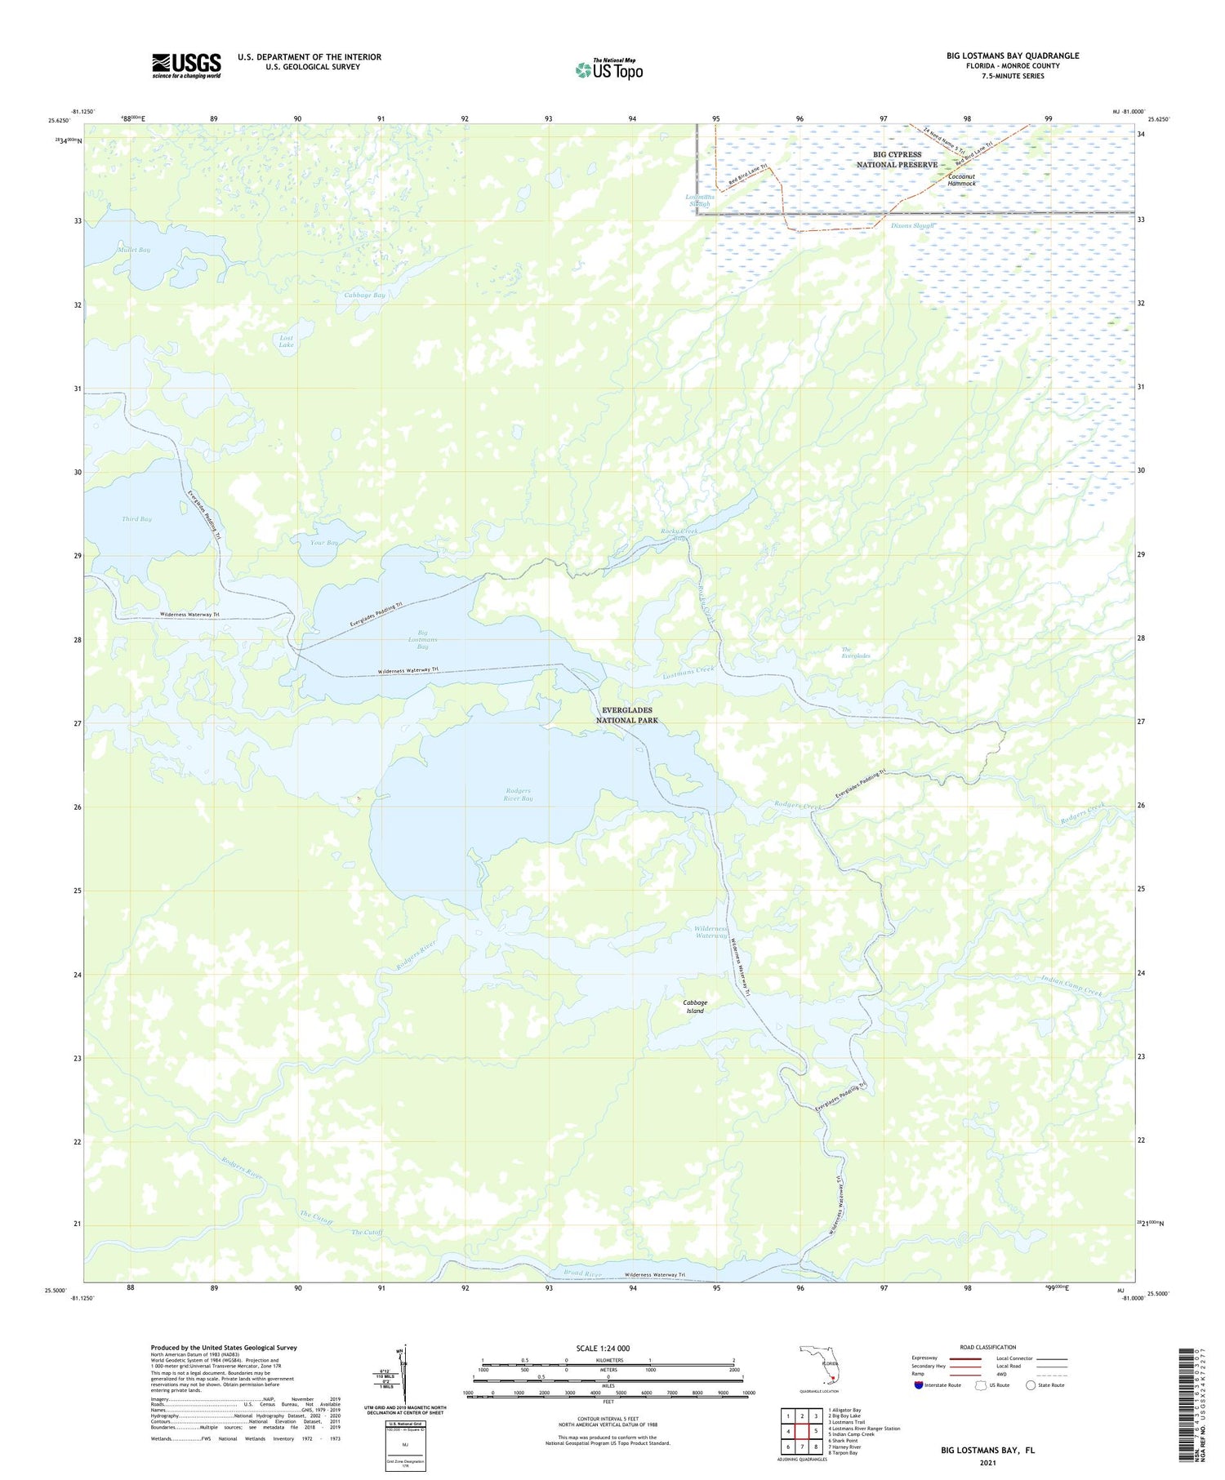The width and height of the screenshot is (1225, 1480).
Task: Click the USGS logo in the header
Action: (186, 65)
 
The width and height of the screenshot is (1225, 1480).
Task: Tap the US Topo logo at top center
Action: (608, 70)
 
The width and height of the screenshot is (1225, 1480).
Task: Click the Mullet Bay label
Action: (134, 250)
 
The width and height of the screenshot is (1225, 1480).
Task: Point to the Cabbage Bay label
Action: (364, 295)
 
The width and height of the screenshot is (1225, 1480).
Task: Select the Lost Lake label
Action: (286, 341)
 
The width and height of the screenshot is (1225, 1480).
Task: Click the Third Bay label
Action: (136, 519)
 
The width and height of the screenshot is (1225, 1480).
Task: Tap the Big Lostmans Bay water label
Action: (422, 639)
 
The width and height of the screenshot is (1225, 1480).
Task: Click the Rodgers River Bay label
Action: (519, 794)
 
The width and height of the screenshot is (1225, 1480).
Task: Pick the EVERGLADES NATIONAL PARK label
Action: (626, 715)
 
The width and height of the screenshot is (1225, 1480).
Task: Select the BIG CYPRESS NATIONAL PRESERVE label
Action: (897, 159)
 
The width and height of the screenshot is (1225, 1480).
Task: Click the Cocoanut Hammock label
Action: (961, 180)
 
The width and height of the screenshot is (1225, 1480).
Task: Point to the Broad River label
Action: (582, 1273)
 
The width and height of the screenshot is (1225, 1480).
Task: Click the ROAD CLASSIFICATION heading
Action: (988, 1347)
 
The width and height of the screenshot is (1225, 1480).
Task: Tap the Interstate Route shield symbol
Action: (919, 1385)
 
